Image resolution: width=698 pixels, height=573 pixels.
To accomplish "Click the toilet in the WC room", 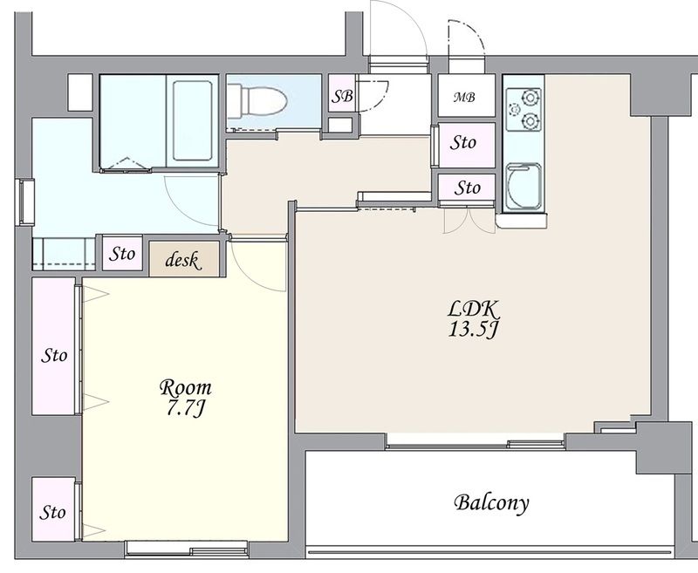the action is (x=257, y=101).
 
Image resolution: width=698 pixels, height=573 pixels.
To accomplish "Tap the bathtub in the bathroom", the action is (x=192, y=120).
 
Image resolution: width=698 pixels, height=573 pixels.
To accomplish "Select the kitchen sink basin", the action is (x=524, y=187).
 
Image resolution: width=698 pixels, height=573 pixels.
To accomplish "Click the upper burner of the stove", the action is (x=530, y=97).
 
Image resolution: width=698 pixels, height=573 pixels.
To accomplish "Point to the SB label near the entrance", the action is (x=343, y=96).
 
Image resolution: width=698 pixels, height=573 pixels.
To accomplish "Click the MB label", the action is (x=464, y=97).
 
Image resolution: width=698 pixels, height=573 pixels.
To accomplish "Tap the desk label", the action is (x=182, y=260).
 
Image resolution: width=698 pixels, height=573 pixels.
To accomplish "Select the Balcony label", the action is (x=492, y=502).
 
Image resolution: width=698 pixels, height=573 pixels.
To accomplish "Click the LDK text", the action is (x=473, y=309).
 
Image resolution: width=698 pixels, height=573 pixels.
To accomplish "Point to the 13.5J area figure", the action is (x=473, y=330).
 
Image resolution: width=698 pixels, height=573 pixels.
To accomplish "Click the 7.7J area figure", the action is (x=186, y=408).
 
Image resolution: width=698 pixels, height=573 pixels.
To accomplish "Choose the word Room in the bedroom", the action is (x=186, y=387).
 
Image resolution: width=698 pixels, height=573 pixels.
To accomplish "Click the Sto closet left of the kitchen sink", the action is (x=467, y=188).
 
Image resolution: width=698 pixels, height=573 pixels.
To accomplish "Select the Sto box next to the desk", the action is (x=122, y=254).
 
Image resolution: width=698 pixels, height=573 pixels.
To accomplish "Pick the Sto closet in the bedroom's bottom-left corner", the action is (x=53, y=509).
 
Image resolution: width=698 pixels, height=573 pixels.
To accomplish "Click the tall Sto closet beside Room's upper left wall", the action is (x=53, y=346).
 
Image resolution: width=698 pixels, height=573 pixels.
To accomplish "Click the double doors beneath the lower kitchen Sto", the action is (x=469, y=220).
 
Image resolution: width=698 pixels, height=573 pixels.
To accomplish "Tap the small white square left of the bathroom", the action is (x=80, y=92).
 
